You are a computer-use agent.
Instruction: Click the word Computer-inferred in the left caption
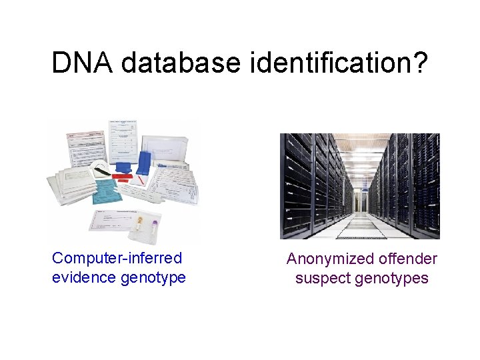pos(117,258)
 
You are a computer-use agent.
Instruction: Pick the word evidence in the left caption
pos(84,277)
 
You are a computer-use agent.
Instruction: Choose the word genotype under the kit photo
pos(153,277)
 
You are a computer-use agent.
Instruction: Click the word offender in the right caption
pos(407,259)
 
